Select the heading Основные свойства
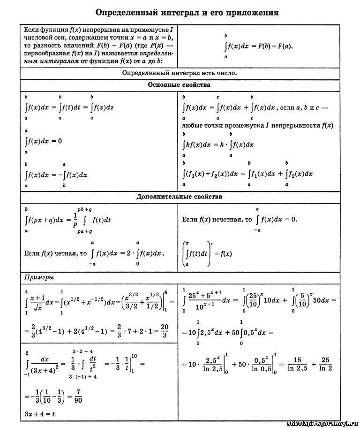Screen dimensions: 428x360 click(x=179, y=85)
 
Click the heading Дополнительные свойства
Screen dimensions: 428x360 click(x=179, y=197)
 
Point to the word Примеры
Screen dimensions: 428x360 click(x=38, y=276)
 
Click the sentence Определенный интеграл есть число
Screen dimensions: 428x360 click(x=179, y=73)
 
